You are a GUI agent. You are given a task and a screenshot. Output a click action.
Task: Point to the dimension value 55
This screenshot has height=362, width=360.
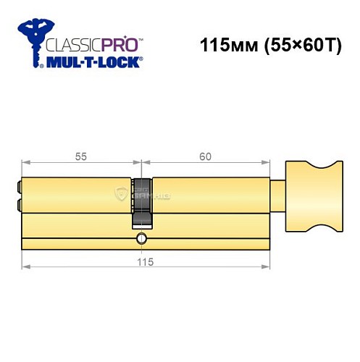pos(81,156)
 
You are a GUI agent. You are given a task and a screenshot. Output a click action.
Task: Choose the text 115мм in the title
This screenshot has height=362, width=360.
pos(225,44)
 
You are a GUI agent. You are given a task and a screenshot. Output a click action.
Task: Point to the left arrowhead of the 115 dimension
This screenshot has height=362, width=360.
pos(24,268)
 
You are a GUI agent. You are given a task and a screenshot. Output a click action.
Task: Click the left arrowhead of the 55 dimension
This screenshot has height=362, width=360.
pos(25,164)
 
